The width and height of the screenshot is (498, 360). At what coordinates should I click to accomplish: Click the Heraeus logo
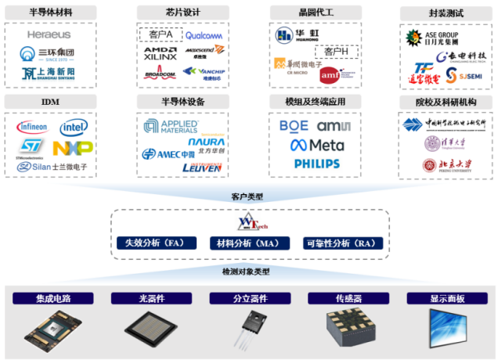[x=49, y=34]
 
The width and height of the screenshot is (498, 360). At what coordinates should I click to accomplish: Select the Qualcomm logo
[x=204, y=35]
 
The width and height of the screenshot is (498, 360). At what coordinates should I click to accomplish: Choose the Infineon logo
[x=32, y=127]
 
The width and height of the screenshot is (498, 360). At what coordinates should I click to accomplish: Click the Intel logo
[x=74, y=127]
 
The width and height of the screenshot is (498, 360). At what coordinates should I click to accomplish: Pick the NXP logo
[x=73, y=147]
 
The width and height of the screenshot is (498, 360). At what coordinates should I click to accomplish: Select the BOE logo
[x=294, y=126]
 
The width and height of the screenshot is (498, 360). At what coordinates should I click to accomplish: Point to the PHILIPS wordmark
[x=316, y=164]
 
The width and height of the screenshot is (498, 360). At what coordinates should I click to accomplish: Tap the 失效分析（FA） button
[x=153, y=243]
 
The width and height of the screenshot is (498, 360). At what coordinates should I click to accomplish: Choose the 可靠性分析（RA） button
[x=342, y=243]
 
